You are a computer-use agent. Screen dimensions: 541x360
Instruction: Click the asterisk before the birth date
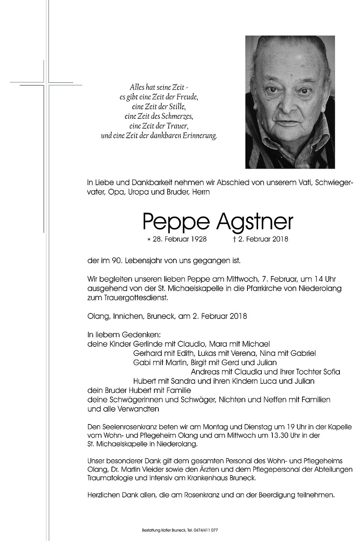click(148, 240)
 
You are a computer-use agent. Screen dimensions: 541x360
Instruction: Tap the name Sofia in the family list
click(331, 372)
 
